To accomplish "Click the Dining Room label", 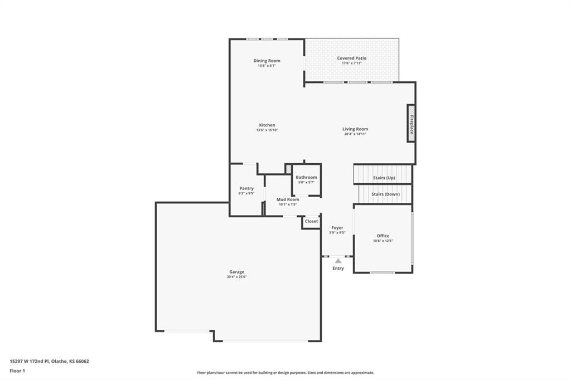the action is pos(267,61).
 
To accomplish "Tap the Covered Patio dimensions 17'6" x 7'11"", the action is pos(351,63).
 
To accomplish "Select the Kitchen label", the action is pos(267,125).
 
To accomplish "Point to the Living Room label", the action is pos(355,129).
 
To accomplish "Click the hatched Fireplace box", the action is pos(411,124).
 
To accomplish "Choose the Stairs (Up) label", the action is pos(384,178).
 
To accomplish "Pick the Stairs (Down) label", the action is pos(385,194).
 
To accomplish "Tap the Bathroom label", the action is pos(306,177).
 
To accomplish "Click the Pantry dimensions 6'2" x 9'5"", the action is pos(246,194).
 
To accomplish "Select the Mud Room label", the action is pos(288,199).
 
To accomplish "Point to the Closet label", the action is pos(311,221).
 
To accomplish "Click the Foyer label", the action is pos(337,228).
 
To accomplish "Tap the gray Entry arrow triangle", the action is pos(338,261).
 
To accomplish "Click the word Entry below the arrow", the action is pos(338,268).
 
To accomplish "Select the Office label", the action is pos(383,236).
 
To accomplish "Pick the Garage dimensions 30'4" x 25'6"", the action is pos(236,277).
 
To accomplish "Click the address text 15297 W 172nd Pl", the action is pos(30,362).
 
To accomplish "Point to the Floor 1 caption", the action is pos(17,371).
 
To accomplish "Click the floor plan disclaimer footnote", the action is pos(285,373).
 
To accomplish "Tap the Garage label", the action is pos(236,272).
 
